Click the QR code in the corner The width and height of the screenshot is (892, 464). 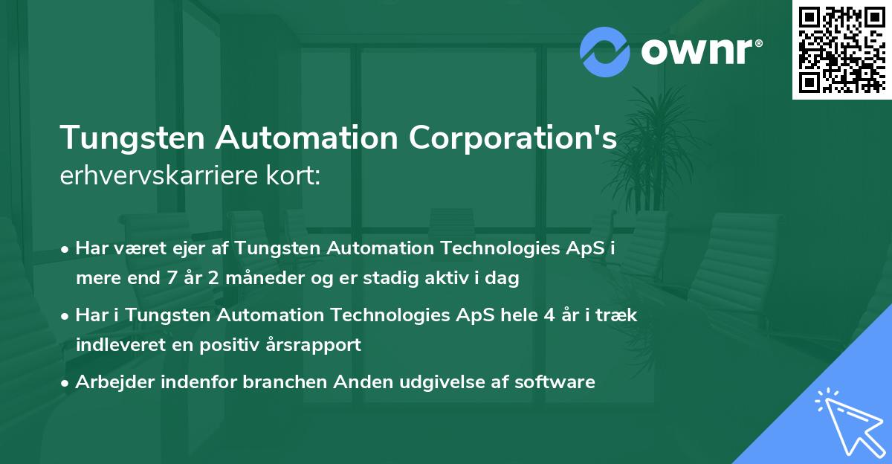tap(841, 49)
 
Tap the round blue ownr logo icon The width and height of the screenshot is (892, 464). tap(605, 52)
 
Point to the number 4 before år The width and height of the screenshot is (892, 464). tap(549, 315)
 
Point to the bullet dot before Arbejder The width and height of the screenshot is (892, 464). tap(66, 383)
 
